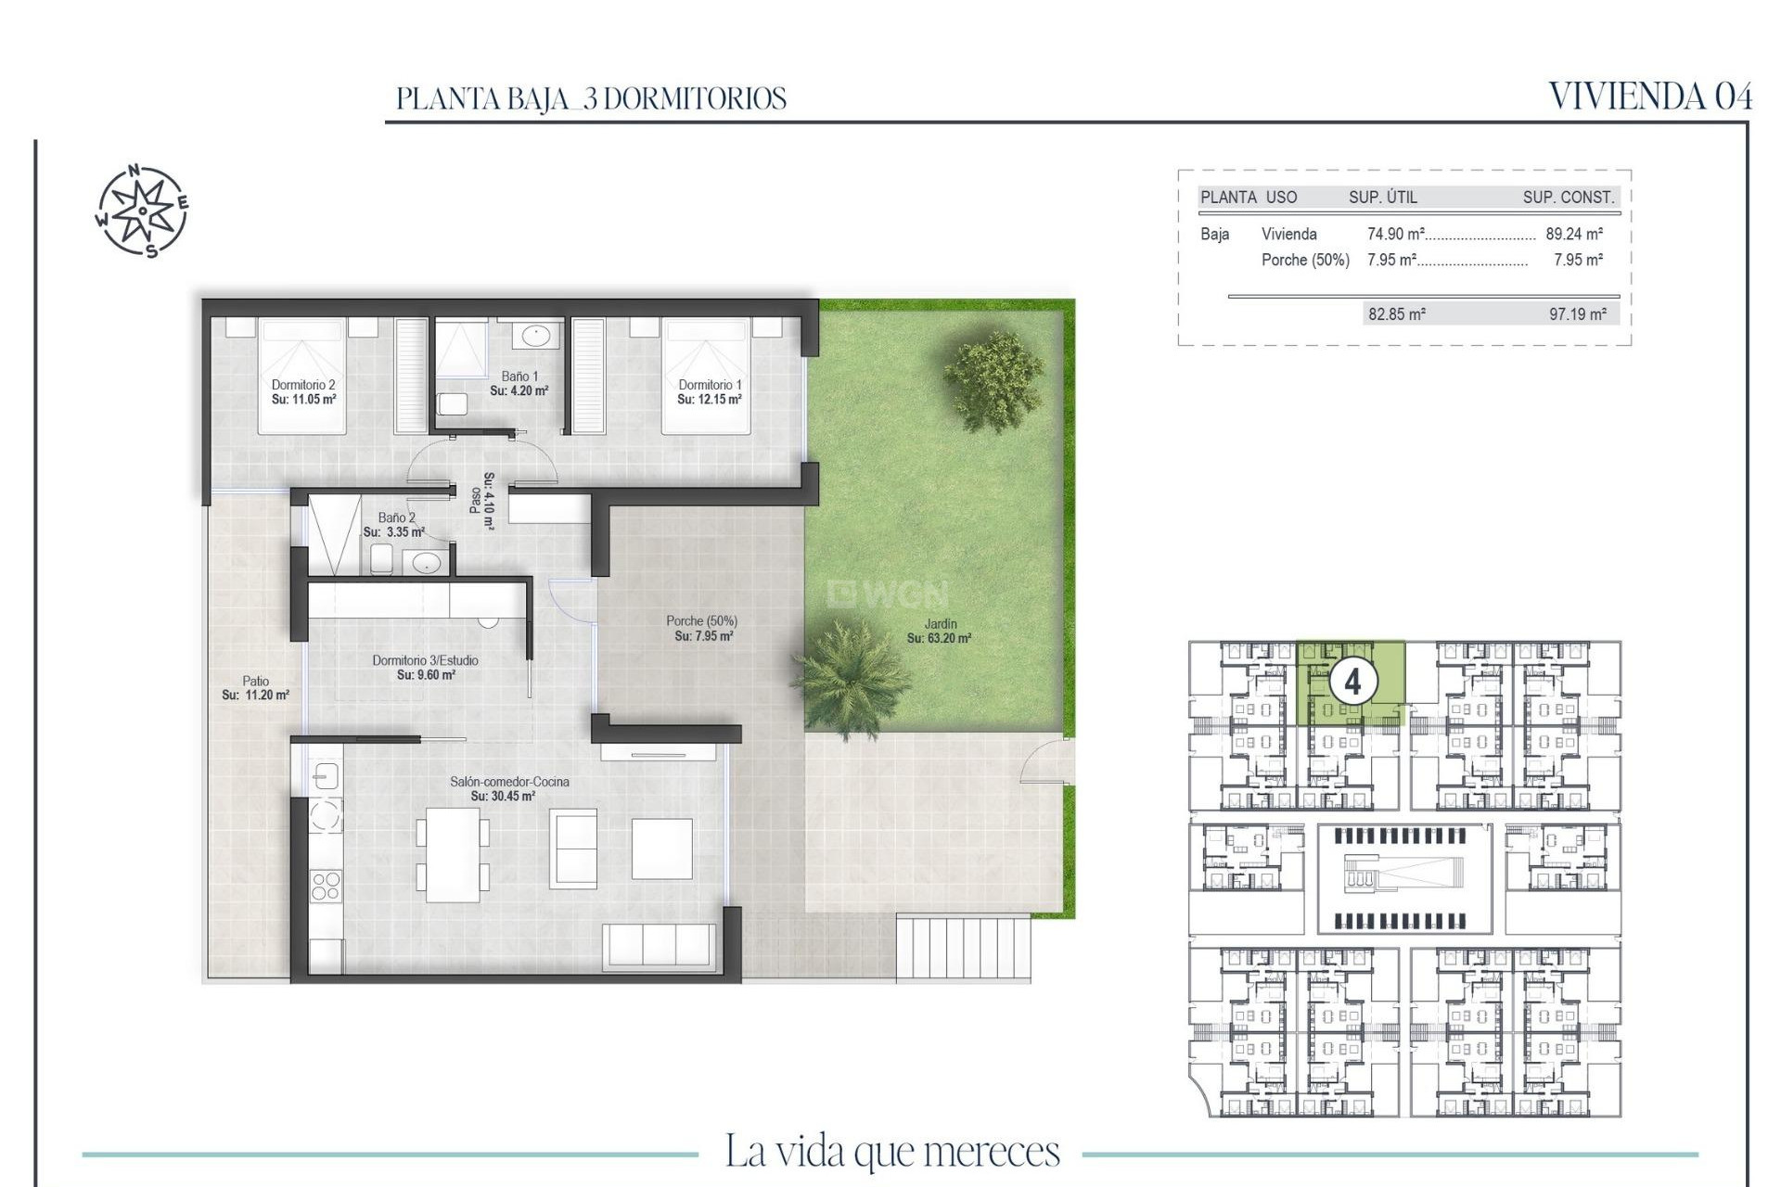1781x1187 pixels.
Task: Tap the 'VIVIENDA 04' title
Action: (1650, 97)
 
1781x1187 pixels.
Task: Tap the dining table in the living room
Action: (453, 854)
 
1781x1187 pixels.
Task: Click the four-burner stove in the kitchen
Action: (326, 885)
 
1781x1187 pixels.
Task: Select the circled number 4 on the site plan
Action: (1352, 682)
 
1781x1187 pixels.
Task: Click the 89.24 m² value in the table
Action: (1574, 235)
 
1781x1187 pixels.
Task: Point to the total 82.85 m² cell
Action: (1397, 314)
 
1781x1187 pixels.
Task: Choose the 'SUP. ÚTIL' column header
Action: (1382, 197)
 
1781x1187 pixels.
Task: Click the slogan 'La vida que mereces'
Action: (891, 1152)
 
